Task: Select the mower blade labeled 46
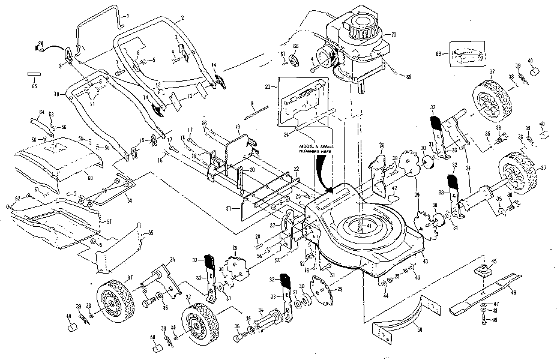(x=486, y=295)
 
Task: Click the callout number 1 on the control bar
(x=127, y=13)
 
